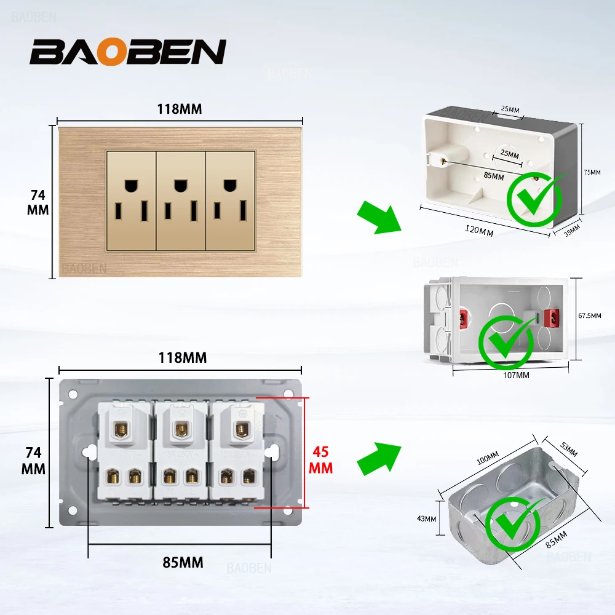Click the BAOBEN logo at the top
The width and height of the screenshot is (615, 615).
(x=128, y=52)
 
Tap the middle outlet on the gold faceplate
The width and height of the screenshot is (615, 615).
(x=180, y=200)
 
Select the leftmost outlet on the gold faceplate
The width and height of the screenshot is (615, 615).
(x=131, y=200)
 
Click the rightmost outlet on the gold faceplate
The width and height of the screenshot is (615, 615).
(x=230, y=200)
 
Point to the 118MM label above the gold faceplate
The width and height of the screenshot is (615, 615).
(x=179, y=109)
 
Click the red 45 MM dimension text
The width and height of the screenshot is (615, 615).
(x=321, y=459)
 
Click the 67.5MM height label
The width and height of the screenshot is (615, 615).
(x=589, y=315)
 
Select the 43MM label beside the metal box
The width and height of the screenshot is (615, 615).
(x=426, y=518)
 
